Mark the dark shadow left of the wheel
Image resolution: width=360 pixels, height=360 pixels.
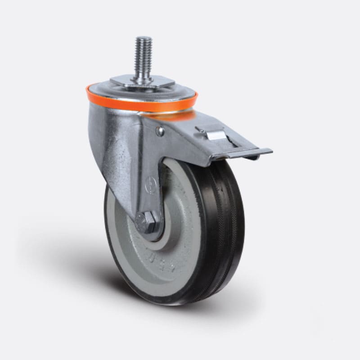(x=67, y=252)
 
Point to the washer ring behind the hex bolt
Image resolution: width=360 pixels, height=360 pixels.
(x=155, y=229)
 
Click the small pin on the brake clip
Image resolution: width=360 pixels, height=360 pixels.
(x=197, y=130)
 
